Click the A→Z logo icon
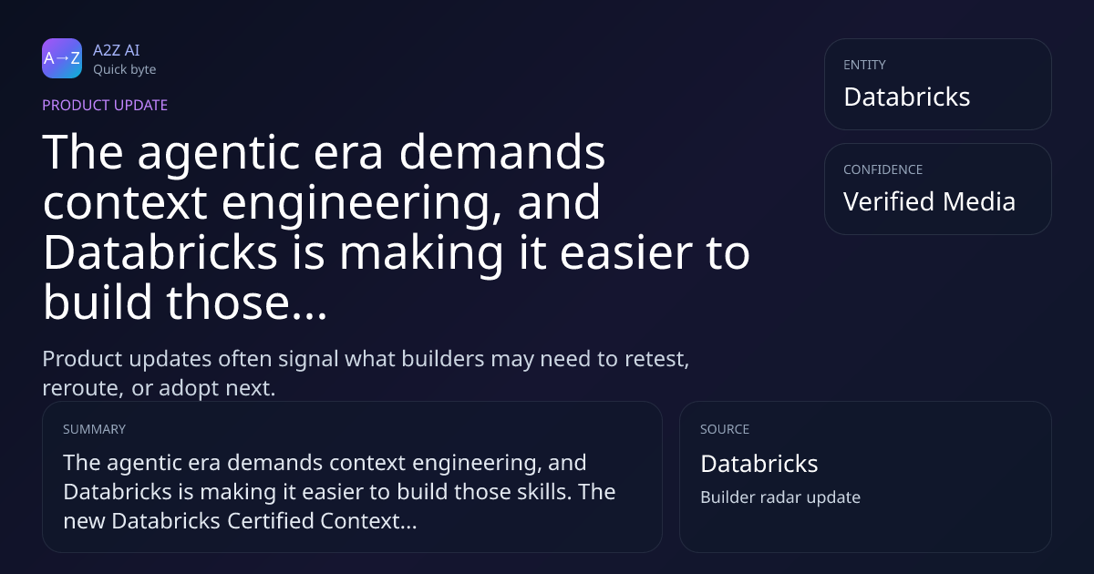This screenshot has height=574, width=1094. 62,58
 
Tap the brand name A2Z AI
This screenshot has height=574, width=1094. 117,50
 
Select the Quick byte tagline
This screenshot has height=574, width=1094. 125,70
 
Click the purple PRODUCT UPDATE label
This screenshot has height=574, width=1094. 105,105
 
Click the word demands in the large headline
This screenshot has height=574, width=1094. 502,152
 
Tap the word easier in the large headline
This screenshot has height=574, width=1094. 626,253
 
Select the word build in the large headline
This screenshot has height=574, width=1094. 98,302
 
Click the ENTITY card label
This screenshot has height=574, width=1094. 864,65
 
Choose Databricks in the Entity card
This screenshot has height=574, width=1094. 907,97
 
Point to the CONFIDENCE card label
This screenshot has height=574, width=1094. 883,169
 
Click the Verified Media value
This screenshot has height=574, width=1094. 929,201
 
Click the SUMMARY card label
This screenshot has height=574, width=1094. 94,429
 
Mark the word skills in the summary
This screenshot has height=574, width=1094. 544,491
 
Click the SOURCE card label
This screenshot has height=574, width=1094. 725,429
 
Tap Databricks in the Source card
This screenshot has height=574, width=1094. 759,464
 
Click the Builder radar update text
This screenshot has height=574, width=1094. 780,497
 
